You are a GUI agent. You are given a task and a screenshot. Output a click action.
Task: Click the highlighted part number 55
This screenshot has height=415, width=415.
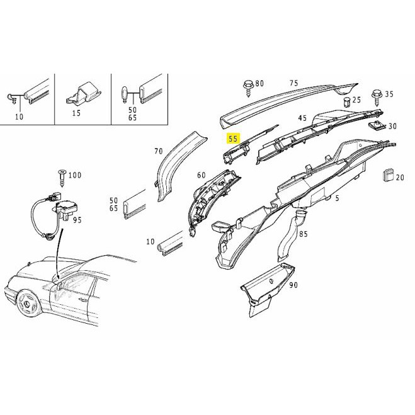[x=233, y=139]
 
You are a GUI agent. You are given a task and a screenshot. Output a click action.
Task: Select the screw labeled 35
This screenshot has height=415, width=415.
[x=377, y=98]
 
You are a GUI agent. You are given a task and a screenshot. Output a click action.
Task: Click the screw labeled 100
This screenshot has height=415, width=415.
[x=62, y=178]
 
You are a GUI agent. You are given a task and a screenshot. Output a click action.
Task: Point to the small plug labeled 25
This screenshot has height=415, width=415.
[x=347, y=102]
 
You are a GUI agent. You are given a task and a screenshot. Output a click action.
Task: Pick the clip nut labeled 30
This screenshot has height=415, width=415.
[x=375, y=125]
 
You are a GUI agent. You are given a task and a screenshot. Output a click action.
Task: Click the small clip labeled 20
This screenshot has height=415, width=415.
[x=387, y=175]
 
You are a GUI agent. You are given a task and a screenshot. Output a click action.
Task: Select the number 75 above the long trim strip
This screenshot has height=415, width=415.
[x=293, y=83]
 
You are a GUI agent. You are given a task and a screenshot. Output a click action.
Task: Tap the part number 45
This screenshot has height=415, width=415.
[x=302, y=118]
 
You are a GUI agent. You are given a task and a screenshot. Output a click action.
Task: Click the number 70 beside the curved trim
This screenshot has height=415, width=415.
[x=158, y=151]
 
